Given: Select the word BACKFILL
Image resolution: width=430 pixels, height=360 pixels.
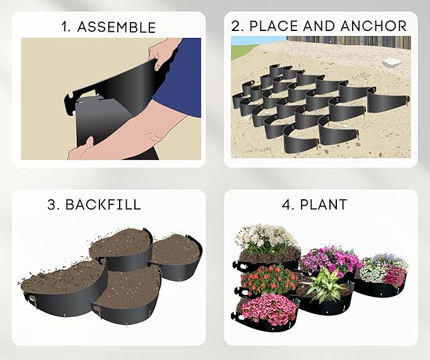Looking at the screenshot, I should (x=111, y=205).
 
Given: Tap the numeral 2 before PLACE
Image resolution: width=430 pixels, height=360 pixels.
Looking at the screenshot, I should (x=236, y=27).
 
